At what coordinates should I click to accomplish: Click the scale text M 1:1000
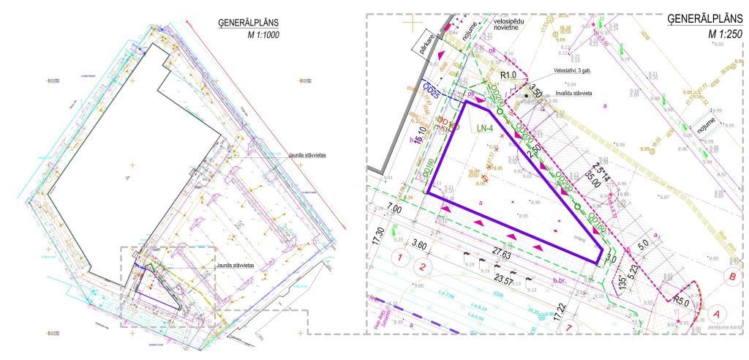(x=260, y=35)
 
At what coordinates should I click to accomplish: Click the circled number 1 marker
(x=399, y=258)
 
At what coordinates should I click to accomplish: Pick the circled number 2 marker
(x=422, y=266)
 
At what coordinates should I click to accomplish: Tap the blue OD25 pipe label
(x=432, y=92)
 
